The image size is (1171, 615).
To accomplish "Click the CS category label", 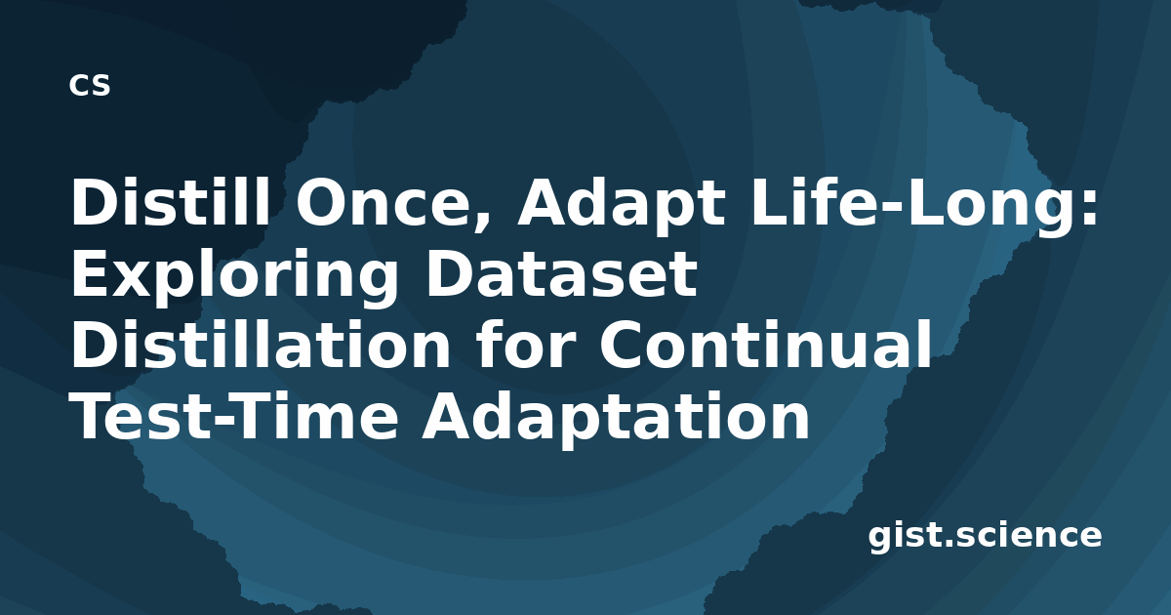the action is pyautogui.click(x=90, y=85).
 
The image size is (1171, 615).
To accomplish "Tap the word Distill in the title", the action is pyautogui.click(x=171, y=202).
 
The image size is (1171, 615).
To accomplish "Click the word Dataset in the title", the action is pyautogui.click(x=561, y=273).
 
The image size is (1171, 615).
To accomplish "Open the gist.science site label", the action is pyautogui.click(x=985, y=536).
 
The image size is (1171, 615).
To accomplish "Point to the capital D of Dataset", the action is pyautogui.click(x=450, y=273).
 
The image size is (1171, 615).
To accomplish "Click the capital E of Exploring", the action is pyautogui.click(x=90, y=273).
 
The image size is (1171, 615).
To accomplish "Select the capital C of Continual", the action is pyautogui.click(x=623, y=344).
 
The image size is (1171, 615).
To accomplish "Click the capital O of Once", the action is pyautogui.click(x=320, y=202).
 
